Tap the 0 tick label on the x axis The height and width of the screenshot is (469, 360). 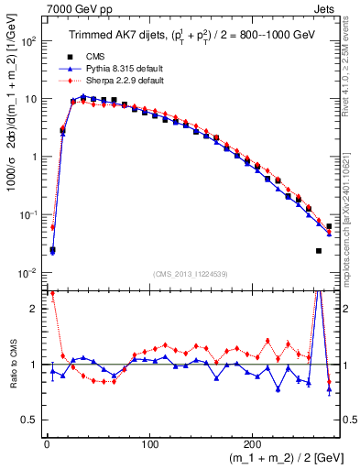click(46, 442)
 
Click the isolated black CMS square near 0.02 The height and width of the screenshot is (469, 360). click(319, 250)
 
